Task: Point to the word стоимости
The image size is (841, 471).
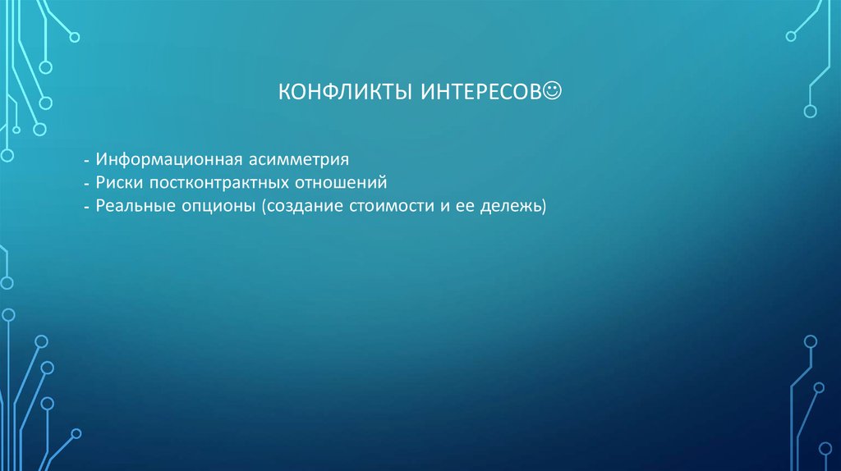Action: click(391, 206)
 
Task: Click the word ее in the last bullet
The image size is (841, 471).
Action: click(464, 207)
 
